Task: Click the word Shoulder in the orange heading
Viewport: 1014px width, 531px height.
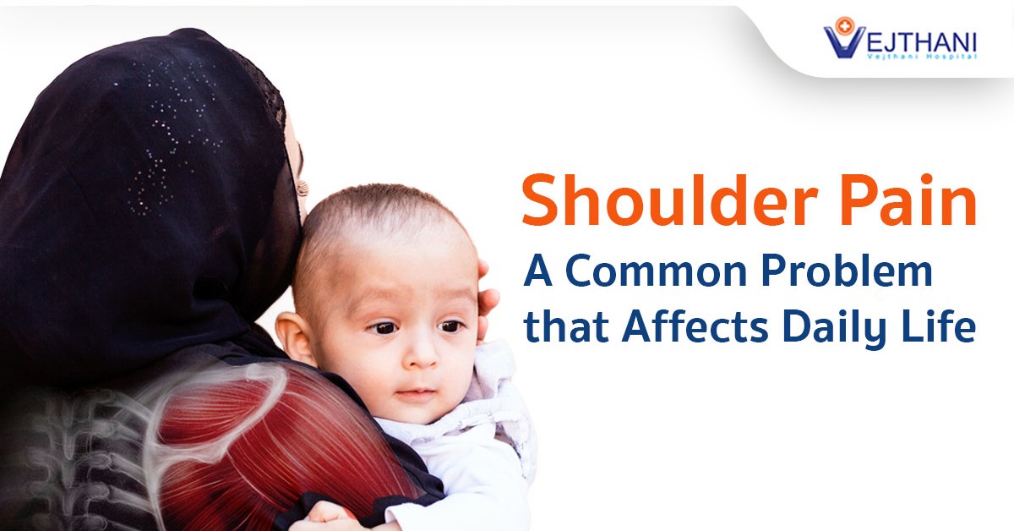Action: click(669, 200)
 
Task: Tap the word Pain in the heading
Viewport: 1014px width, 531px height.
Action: click(908, 200)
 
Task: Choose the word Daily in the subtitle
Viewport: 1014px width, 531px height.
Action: click(834, 327)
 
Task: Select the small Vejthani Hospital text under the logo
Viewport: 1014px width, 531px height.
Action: click(922, 57)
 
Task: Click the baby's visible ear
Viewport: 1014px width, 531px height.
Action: click(294, 337)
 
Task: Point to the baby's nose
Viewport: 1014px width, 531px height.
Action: click(420, 352)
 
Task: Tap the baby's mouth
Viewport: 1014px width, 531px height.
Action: click(417, 391)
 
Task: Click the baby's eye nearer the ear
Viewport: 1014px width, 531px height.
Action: click(383, 327)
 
